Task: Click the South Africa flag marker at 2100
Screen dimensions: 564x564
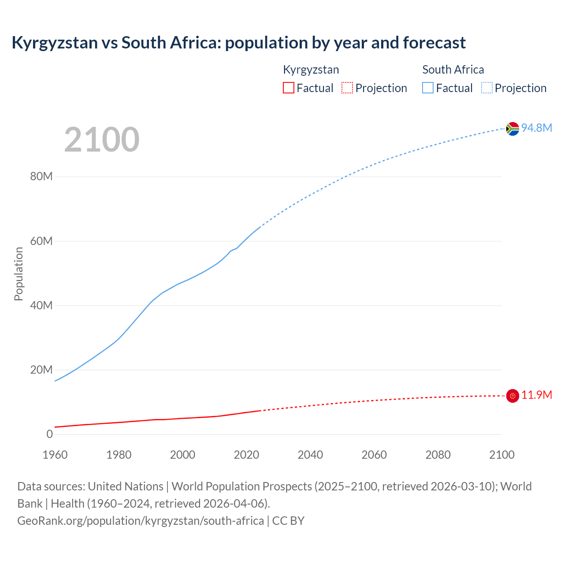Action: tap(512, 129)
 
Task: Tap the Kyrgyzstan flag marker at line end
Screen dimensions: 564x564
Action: tap(512, 396)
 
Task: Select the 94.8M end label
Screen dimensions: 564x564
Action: tap(537, 128)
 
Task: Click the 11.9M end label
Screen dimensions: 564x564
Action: tap(537, 395)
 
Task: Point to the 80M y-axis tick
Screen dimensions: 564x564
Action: tap(41, 177)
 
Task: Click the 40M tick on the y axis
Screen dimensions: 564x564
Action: tap(41, 305)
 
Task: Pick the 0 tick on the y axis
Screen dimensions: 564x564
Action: tap(49, 434)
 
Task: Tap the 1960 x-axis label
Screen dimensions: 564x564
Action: tap(55, 455)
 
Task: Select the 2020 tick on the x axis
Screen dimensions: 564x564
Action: tap(246, 455)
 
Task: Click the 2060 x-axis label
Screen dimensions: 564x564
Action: tap(374, 455)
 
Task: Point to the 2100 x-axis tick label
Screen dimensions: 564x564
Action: tap(501, 455)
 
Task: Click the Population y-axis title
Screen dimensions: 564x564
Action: tap(19, 274)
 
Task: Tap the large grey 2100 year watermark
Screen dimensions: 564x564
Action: tap(102, 140)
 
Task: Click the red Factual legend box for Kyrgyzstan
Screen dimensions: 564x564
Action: tap(289, 88)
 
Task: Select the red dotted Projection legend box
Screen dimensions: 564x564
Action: tap(347, 88)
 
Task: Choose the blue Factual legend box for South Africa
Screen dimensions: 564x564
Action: tap(428, 88)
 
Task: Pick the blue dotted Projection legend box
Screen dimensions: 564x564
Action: tap(487, 88)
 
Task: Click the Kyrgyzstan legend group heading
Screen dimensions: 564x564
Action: tap(311, 70)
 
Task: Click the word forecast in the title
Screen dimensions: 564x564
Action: tap(434, 43)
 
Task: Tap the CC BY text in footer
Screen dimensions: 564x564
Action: tap(288, 521)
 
